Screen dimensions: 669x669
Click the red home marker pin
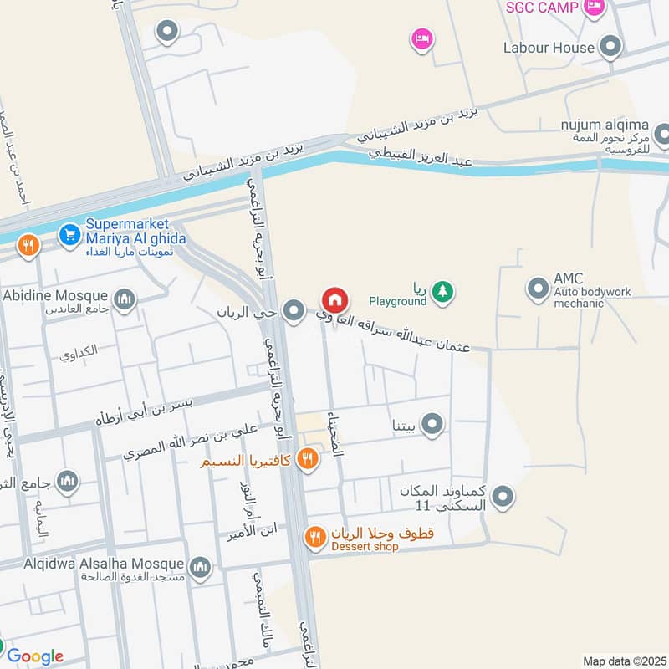[x=334, y=300]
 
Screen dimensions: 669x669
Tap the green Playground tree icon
[x=443, y=291]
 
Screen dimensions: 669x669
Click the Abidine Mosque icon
[x=125, y=299]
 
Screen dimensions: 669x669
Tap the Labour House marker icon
[x=611, y=48]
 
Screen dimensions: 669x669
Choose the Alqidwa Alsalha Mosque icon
[x=200, y=568]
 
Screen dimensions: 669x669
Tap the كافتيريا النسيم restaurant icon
[x=308, y=459]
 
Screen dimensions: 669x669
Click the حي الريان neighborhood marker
[x=293, y=312]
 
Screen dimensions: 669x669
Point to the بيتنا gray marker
[x=432, y=426]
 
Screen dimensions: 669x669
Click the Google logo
[x=35, y=656]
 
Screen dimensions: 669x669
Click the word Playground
[x=397, y=301]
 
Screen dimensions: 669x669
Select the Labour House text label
[x=549, y=49]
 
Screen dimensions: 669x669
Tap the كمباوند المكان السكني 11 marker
[x=503, y=498]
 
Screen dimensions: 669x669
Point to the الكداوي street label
[x=79, y=351]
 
